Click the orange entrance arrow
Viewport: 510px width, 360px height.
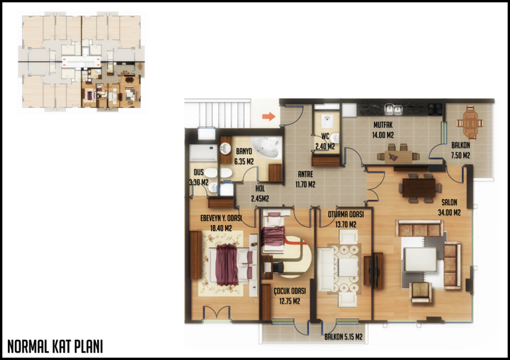tap(269, 116)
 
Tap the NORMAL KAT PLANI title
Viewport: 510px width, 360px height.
tap(55, 347)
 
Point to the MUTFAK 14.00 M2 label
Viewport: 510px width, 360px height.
tap(383, 130)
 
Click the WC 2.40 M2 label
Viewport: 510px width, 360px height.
tap(325, 141)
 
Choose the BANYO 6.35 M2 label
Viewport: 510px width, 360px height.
tap(244, 156)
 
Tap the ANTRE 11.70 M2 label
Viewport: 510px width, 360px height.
tap(305, 179)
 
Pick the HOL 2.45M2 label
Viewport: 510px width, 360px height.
tap(260, 193)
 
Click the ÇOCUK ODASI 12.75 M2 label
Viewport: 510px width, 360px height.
tap(289, 296)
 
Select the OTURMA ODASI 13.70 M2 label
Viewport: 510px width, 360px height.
tap(346, 220)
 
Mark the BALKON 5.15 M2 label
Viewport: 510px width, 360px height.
tap(343, 337)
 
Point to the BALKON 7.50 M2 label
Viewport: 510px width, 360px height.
tap(461, 150)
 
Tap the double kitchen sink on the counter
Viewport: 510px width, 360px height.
tap(392, 110)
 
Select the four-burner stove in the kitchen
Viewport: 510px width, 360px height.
tap(435, 109)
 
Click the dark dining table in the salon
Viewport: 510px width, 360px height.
tap(419, 188)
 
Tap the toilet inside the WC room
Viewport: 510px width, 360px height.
tap(326, 121)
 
